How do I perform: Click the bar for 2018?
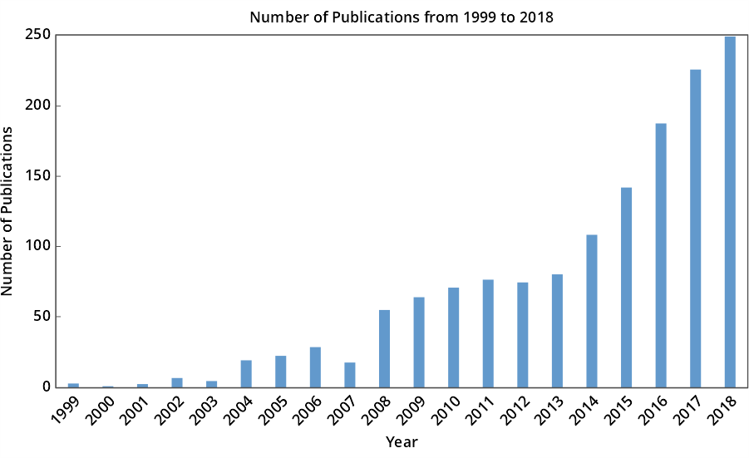(x=730, y=212)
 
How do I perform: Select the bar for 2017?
(x=695, y=229)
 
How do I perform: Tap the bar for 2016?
(x=661, y=255)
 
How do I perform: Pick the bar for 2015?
(x=626, y=288)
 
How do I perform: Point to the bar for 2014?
(x=592, y=311)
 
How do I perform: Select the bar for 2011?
(x=488, y=333)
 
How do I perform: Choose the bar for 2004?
(x=246, y=374)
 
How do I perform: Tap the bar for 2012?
(x=523, y=335)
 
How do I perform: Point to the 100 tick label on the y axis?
(x=38, y=246)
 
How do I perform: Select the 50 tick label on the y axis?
(x=42, y=317)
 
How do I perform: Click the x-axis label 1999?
(x=65, y=409)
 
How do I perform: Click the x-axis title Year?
(x=402, y=442)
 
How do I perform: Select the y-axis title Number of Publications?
(x=8, y=211)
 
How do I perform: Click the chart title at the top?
(x=402, y=17)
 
